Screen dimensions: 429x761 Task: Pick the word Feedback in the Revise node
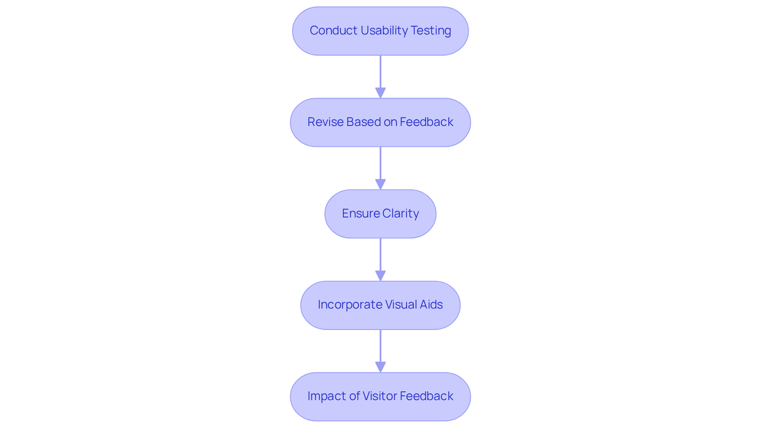[x=426, y=122]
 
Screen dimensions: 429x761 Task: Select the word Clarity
[x=400, y=214]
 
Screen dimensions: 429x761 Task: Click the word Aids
[x=431, y=305]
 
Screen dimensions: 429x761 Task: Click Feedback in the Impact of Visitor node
[x=426, y=396]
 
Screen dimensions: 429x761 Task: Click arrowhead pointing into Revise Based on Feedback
[x=380, y=93]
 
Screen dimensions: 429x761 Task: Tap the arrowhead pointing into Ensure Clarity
[x=380, y=184]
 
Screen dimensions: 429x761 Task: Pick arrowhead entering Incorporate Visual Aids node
[x=380, y=276]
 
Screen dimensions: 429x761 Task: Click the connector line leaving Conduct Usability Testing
[x=380, y=71]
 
